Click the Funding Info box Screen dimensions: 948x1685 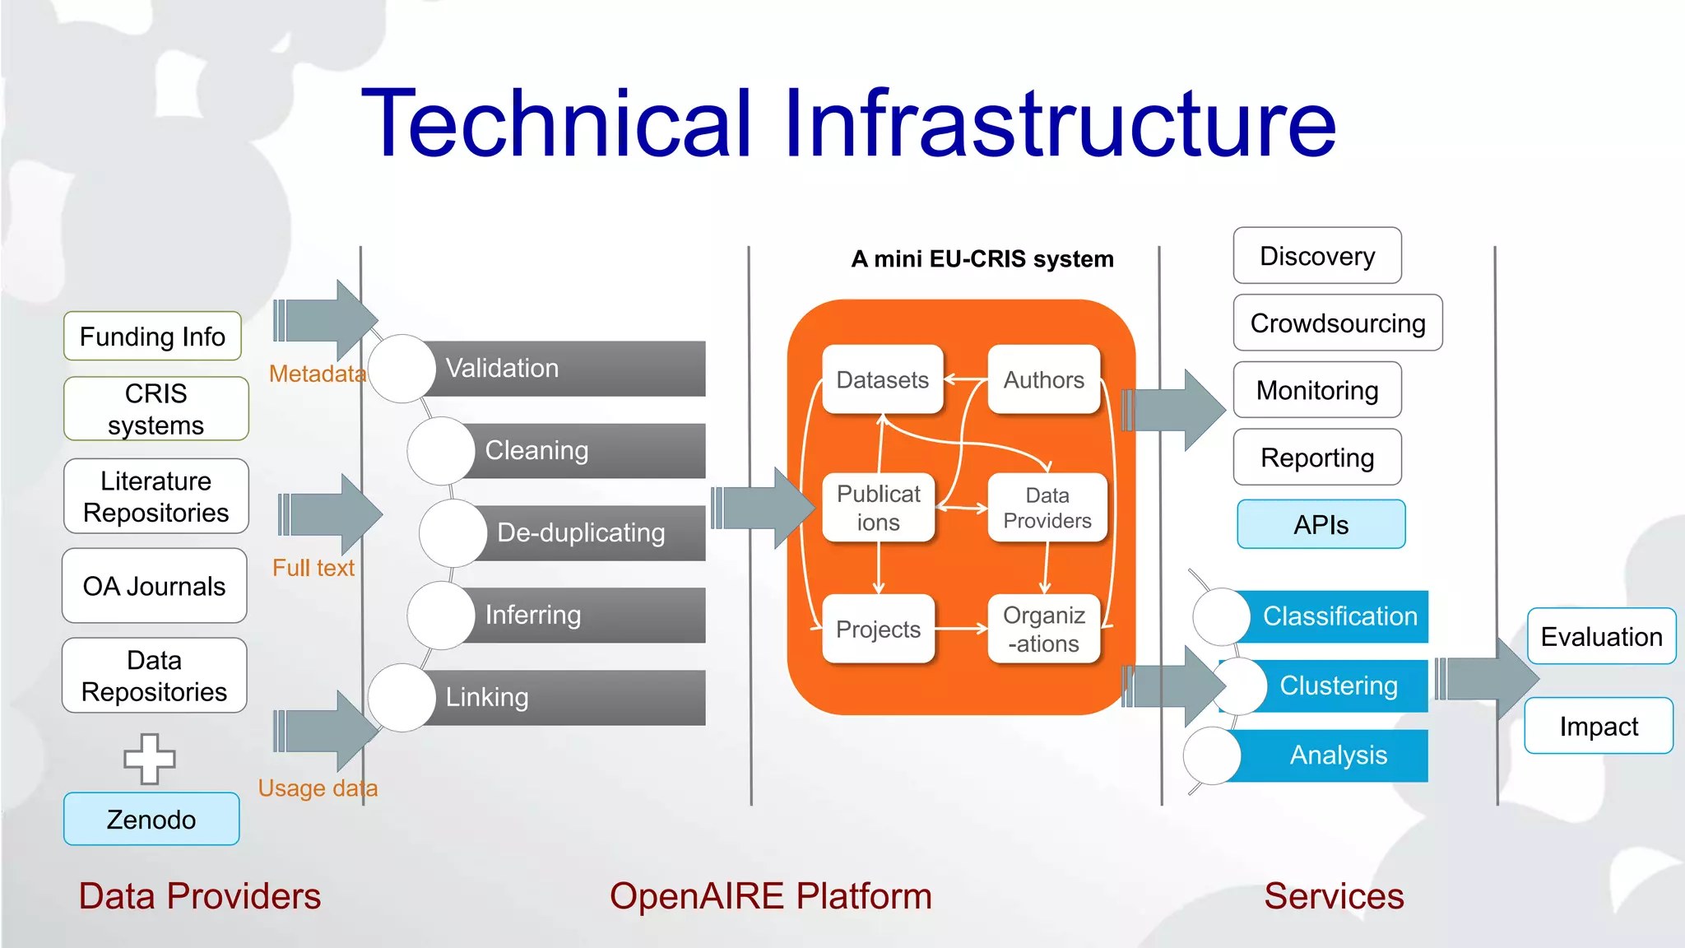[152, 336]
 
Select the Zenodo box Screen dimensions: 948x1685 [151, 819]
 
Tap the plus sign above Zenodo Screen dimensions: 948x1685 [150, 758]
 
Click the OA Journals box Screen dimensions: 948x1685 [154, 586]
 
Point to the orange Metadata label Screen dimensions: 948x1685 [317, 374]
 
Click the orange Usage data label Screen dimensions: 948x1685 [318, 788]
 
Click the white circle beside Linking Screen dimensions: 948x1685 [402, 697]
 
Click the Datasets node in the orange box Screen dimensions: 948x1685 [882, 379]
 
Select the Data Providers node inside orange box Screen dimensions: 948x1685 [1047, 508]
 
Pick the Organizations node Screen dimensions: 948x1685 [1043, 629]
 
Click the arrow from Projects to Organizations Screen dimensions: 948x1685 [960, 629]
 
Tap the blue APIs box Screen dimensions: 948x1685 [1321, 524]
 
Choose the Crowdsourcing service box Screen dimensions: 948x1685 [1337, 323]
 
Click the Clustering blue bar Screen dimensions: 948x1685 [1338, 685]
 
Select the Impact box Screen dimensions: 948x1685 [1598, 726]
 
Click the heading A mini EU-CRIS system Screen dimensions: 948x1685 [982, 259]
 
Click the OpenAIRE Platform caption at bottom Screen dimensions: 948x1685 [770, 896]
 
